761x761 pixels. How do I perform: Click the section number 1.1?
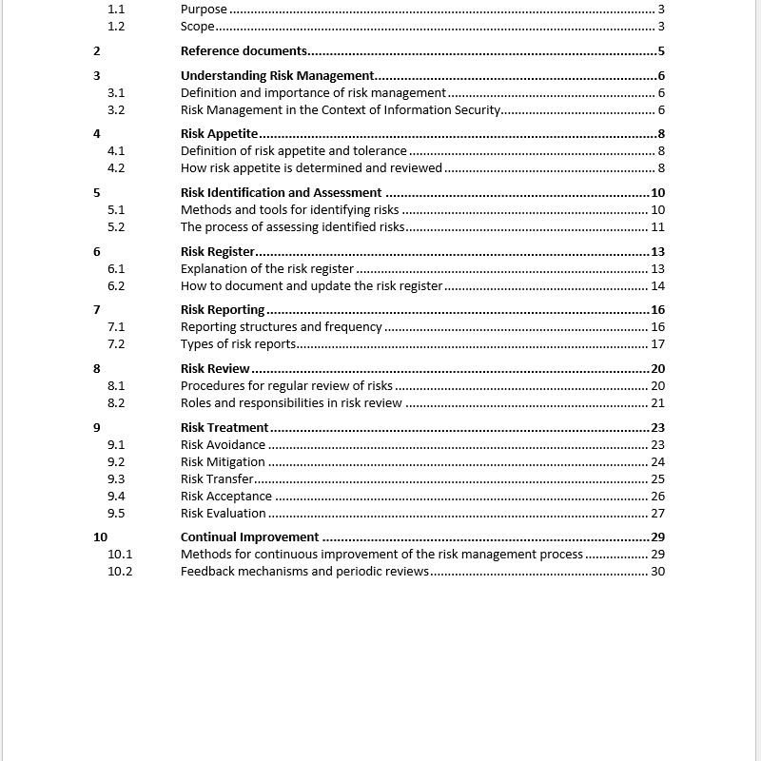tap(116, 10)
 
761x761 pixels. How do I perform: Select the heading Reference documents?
tap(244, 51)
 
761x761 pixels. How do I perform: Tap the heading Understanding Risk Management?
tap(277, 76)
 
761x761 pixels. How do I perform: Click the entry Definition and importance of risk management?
tap(313, 93)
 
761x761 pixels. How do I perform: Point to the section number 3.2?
tap(116, 110)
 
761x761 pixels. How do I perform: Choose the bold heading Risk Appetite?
tap(219, 134)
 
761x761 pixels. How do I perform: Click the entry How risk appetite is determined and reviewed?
tap(311, 168)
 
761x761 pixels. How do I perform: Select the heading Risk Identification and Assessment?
tap(281, 193)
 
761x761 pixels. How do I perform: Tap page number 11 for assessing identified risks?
tap(657, 227)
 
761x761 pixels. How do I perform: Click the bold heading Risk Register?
tap(217, 252)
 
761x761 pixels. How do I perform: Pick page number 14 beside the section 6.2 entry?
tap(657, 286)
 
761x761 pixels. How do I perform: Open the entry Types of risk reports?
tap(238, 344)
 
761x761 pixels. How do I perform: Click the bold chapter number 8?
tap(97, 369)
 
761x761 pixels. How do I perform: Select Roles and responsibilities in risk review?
tap(291, 403)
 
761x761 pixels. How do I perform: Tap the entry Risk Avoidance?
tap(223, 445)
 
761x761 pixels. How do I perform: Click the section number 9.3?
tap(116, 479)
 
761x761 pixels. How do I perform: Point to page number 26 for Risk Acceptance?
tap(657, 497)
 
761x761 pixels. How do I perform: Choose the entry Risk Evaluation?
tap(223, 514)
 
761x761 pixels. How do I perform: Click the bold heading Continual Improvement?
tap(249, 537)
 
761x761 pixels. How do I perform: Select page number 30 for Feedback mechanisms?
tap(657, 572)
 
